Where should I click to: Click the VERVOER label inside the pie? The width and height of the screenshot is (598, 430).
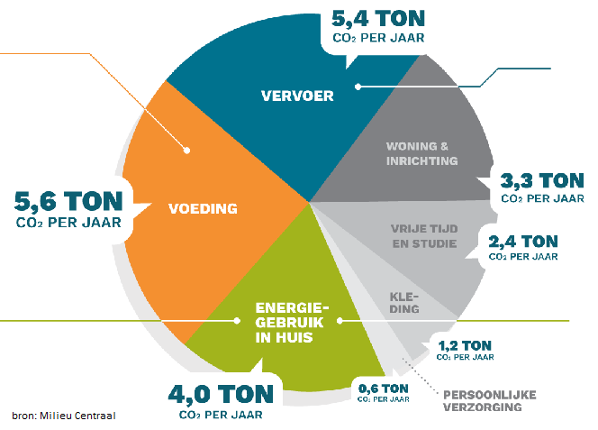click(x=297, y=96)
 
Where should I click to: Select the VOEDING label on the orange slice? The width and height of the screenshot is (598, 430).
click(x=203, y=209)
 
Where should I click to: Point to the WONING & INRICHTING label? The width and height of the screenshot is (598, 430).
click(x=422, y=153)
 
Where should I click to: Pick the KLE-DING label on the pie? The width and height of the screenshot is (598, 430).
click(x=404, y=302)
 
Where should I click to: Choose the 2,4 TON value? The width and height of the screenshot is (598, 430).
click(x=522, y=241)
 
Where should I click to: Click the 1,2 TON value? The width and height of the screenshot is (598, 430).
click(x=465, y=344)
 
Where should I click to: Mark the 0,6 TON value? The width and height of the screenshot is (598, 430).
click(x=384, y=389)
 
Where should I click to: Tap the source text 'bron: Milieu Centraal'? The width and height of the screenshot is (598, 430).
click(x=64, y=415)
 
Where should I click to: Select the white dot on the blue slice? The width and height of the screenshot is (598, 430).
click(x=358, y=87)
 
